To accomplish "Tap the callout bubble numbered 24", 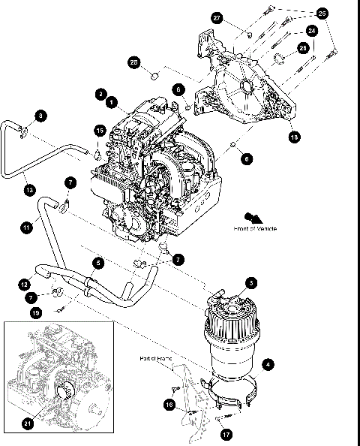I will [310, 32].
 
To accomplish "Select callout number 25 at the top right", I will [322, 14].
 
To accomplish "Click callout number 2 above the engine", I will [100, 94].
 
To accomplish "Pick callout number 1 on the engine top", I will [111, 101].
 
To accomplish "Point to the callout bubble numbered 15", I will [100, 131].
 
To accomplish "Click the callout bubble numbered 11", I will [26, 226].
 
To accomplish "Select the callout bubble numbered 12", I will [25, 285].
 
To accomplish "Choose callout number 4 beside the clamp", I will [268, 364].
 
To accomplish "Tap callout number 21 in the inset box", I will [28, 424].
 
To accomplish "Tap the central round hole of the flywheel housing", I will [243, 92].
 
